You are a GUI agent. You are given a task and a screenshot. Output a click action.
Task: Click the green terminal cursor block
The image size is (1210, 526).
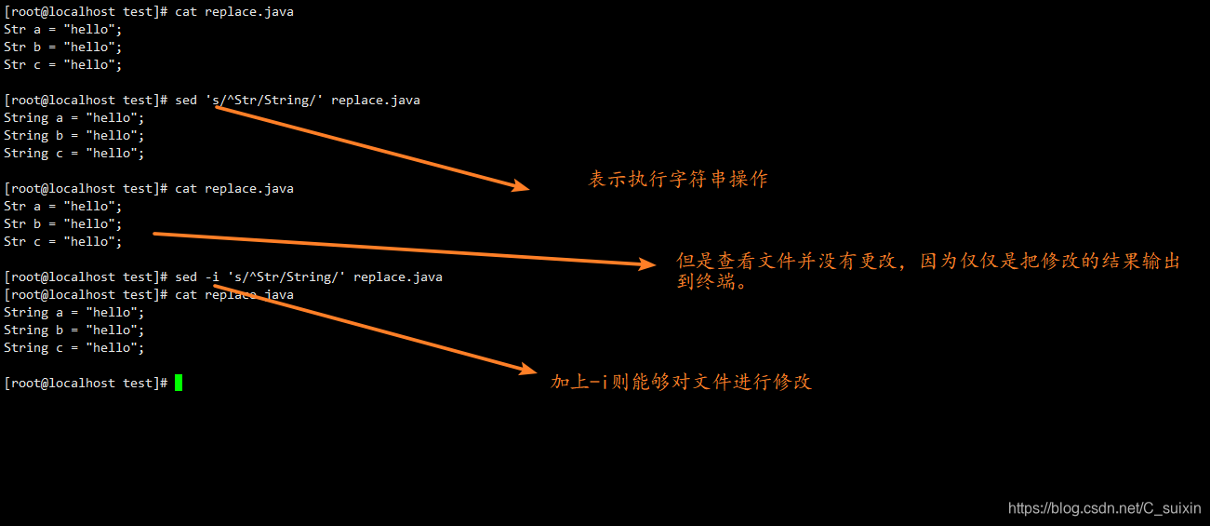coord(179,383)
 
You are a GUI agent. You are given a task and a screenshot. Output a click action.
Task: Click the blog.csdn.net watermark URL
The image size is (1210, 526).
coord(1105,508)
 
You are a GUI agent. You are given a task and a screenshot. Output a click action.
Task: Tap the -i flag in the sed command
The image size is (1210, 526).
coord(212,276)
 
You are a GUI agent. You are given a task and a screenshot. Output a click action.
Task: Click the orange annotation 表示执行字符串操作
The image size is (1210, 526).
coord(678,180)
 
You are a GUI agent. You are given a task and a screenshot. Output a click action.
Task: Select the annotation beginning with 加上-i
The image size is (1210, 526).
coord(681,382)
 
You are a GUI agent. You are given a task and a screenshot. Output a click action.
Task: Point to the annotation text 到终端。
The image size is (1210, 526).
coord(712,280)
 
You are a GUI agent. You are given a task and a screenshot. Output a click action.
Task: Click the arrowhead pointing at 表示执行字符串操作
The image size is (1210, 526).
coord(520,186)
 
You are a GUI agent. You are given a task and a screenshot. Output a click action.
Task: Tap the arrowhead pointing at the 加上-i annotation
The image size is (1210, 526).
coord(529,370)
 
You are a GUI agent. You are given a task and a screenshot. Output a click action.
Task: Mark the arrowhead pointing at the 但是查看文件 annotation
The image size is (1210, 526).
coord(647,264)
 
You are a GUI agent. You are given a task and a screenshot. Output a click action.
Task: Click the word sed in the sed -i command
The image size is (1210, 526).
coord(186,276)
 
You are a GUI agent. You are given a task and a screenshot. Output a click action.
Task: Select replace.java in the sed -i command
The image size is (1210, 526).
coord(398,276)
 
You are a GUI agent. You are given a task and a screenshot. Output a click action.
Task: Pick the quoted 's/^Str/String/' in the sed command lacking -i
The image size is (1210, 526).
coord(264,100)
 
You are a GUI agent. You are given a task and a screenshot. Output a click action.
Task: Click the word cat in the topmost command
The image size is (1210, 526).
coord(186,11)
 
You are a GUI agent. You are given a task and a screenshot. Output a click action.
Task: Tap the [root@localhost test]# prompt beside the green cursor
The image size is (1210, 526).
coord(86,383)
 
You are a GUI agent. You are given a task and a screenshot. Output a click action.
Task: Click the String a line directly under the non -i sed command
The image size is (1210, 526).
coord(74,117)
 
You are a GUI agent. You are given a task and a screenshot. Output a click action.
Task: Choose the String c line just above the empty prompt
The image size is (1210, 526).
coord(74,347)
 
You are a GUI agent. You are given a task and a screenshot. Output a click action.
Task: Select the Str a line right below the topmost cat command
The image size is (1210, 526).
coord(63,29)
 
